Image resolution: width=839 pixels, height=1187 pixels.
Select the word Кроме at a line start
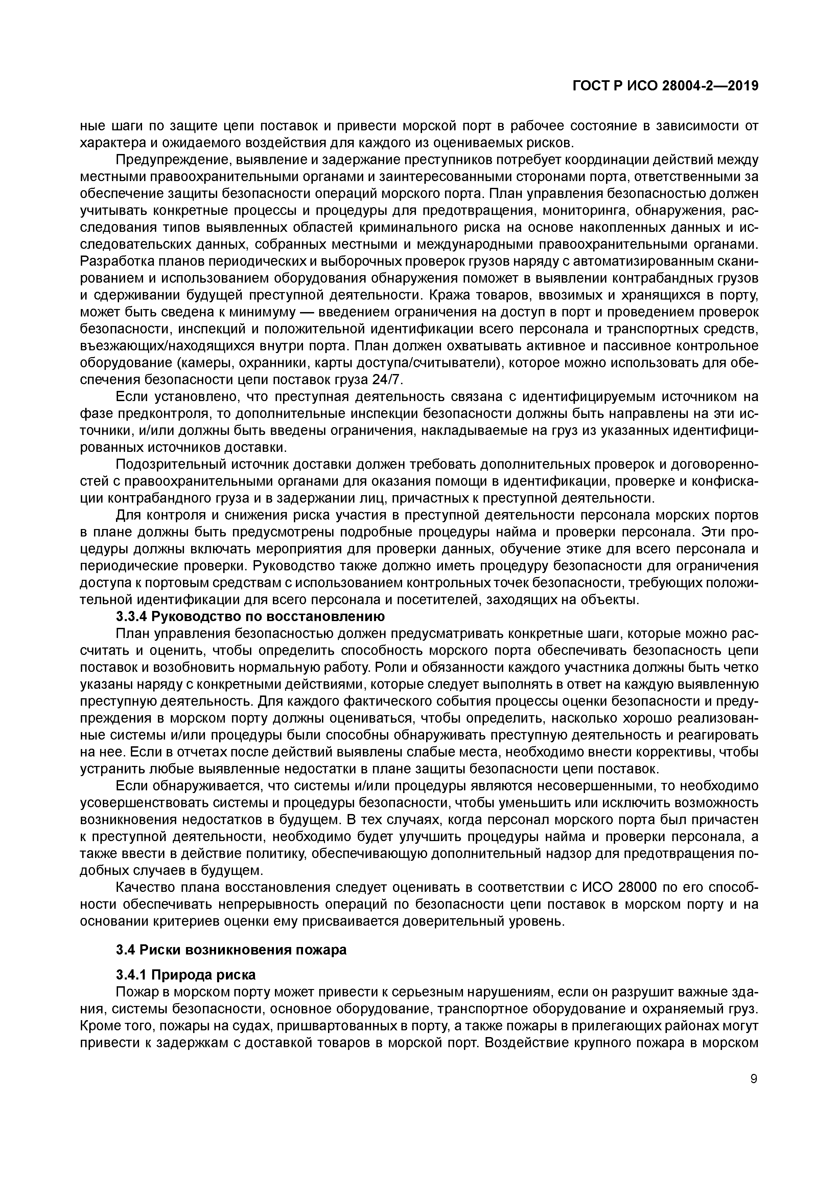tap(100, 1026)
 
